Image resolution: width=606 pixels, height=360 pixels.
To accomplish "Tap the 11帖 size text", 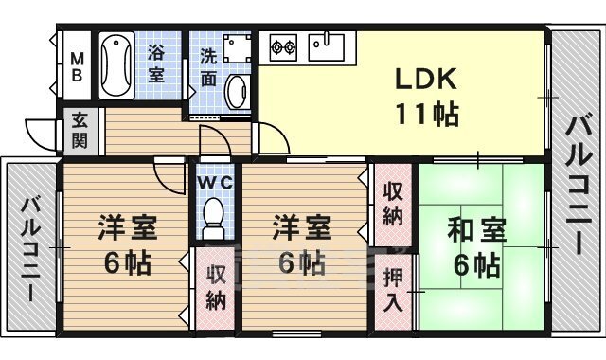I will click(426, 116).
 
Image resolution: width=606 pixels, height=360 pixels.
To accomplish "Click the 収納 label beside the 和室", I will click(393, 203).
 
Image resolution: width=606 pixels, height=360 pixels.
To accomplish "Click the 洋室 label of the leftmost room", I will click(126, 229).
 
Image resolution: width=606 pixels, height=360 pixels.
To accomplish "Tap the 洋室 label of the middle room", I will click(301, 229).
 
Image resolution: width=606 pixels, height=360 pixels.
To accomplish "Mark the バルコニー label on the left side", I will click(30, 249).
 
